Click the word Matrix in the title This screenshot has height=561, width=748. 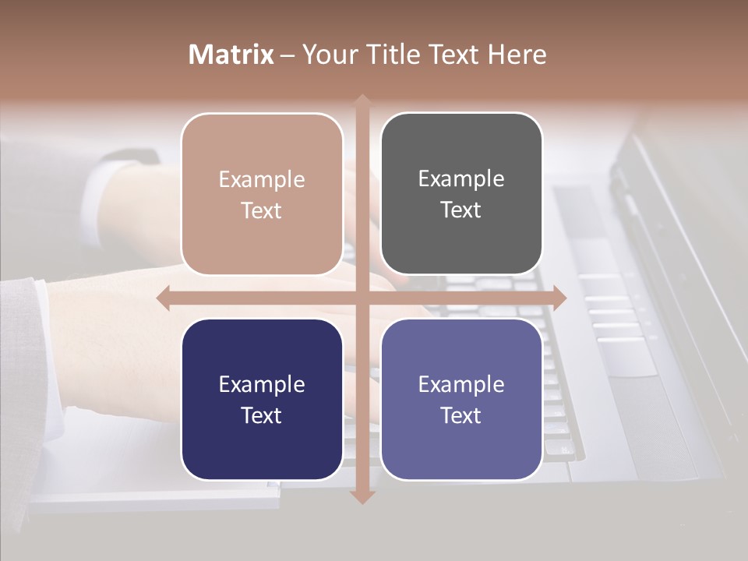point(231,55)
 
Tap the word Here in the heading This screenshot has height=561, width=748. point(517,55)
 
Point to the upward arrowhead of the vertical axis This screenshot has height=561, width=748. point(362,101)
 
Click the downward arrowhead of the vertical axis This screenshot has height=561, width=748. point(362,496)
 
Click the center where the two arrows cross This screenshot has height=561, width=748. point(362,298)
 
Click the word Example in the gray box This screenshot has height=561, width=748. point(461,178)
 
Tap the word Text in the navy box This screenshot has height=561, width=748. point(262,415)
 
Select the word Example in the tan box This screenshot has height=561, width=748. point(262,179)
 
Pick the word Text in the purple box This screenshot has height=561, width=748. point(461,415)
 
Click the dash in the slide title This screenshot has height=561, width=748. point(288,55)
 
